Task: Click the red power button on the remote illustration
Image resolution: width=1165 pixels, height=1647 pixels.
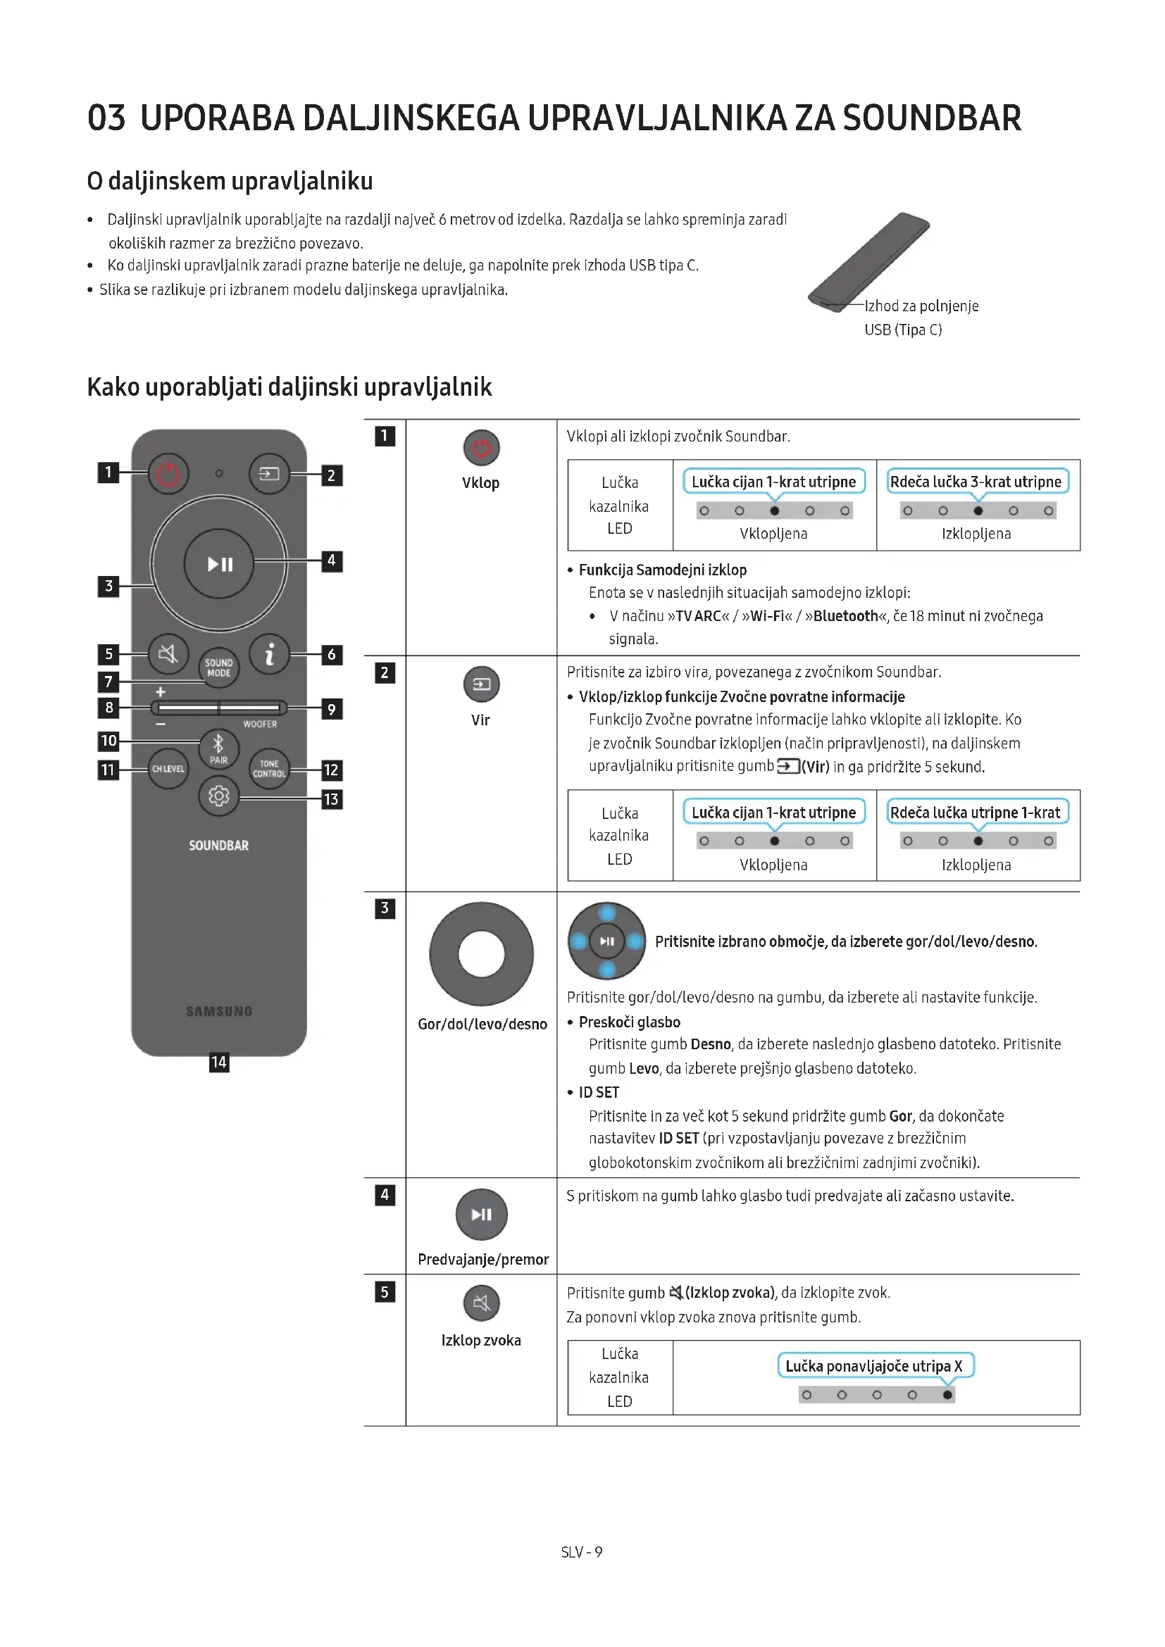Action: tap(168, 473)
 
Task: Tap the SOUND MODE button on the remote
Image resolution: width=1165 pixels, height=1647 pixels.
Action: tap(219, 668)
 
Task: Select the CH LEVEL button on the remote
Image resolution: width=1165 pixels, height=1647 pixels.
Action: tap(168, 769)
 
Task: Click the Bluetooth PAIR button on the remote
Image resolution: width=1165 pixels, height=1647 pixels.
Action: tap(219, 749)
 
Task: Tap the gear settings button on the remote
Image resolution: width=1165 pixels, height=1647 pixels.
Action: tap(219, 796)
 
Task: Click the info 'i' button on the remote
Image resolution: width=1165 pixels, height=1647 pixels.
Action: tap(270, 653)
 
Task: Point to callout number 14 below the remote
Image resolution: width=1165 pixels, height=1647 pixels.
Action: tap(219, 1063)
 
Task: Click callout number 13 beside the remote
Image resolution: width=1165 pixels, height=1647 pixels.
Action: tap(331, 799)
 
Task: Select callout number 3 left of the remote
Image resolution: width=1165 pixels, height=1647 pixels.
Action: tap(108, 586)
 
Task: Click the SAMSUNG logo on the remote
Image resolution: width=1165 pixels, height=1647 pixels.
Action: tap(219, 1011)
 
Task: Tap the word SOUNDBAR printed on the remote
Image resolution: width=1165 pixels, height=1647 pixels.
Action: tap(219, 846)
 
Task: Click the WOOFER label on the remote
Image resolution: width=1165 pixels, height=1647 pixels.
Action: tap(260, 725)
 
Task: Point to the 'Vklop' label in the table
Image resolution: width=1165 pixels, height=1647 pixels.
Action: tap(480, 483)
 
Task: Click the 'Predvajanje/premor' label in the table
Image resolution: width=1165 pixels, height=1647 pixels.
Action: tap(482, 1260)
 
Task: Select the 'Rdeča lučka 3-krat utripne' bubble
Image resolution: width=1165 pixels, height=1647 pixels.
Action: tap(976, 482)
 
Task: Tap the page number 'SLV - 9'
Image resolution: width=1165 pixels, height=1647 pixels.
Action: tap(582, 1553)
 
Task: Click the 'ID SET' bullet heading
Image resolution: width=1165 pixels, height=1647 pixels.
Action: tap(598, 1093)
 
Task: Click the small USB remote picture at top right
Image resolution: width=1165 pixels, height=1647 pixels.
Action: tap(868, 262)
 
